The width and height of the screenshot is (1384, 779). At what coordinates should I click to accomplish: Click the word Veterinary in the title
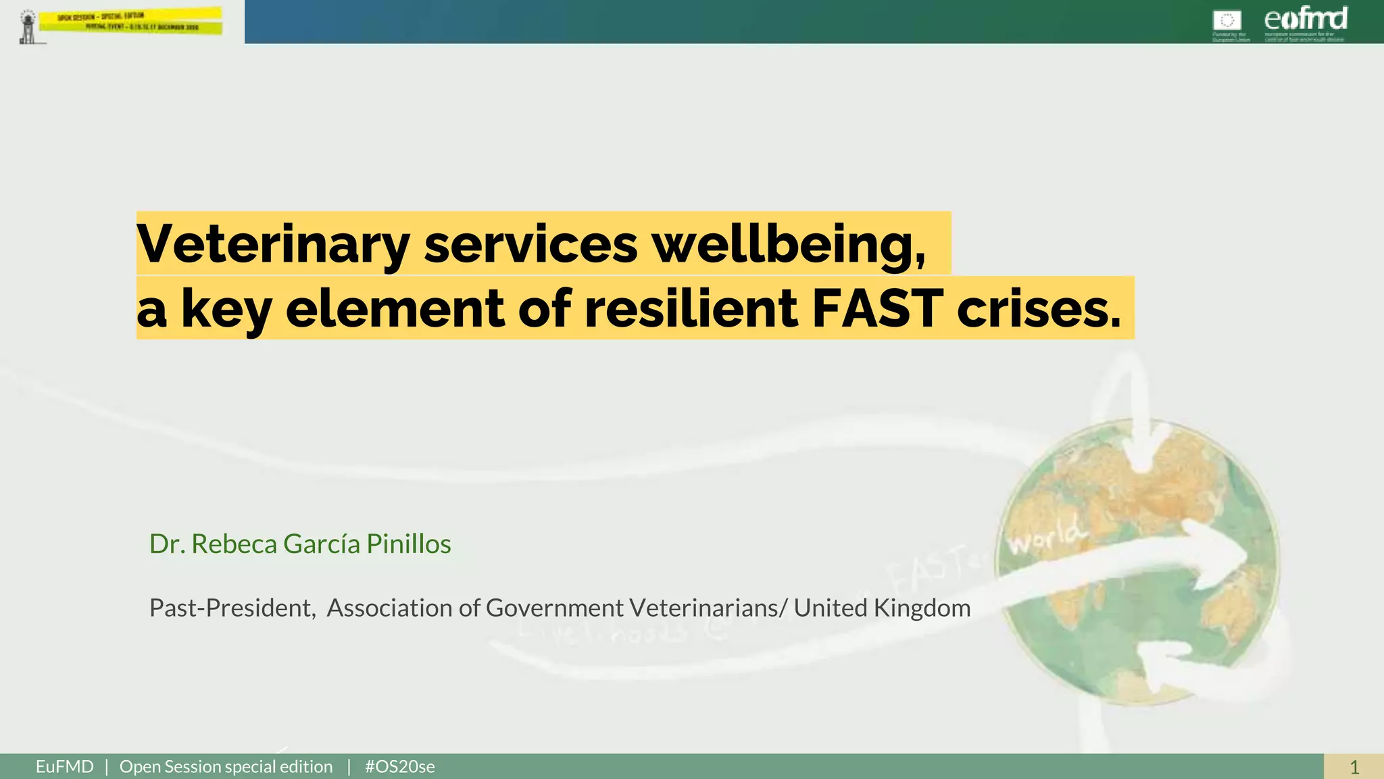273,244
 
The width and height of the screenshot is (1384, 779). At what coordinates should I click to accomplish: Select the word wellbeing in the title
788,244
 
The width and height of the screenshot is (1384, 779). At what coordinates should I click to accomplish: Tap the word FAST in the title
877,308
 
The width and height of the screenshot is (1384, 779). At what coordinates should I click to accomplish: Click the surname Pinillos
408,544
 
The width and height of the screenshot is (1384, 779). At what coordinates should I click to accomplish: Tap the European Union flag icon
1227,20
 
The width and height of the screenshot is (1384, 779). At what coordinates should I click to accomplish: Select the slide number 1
1354,767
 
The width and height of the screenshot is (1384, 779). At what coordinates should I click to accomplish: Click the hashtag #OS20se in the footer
399,767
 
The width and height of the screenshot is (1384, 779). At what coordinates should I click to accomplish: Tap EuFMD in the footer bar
65,767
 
